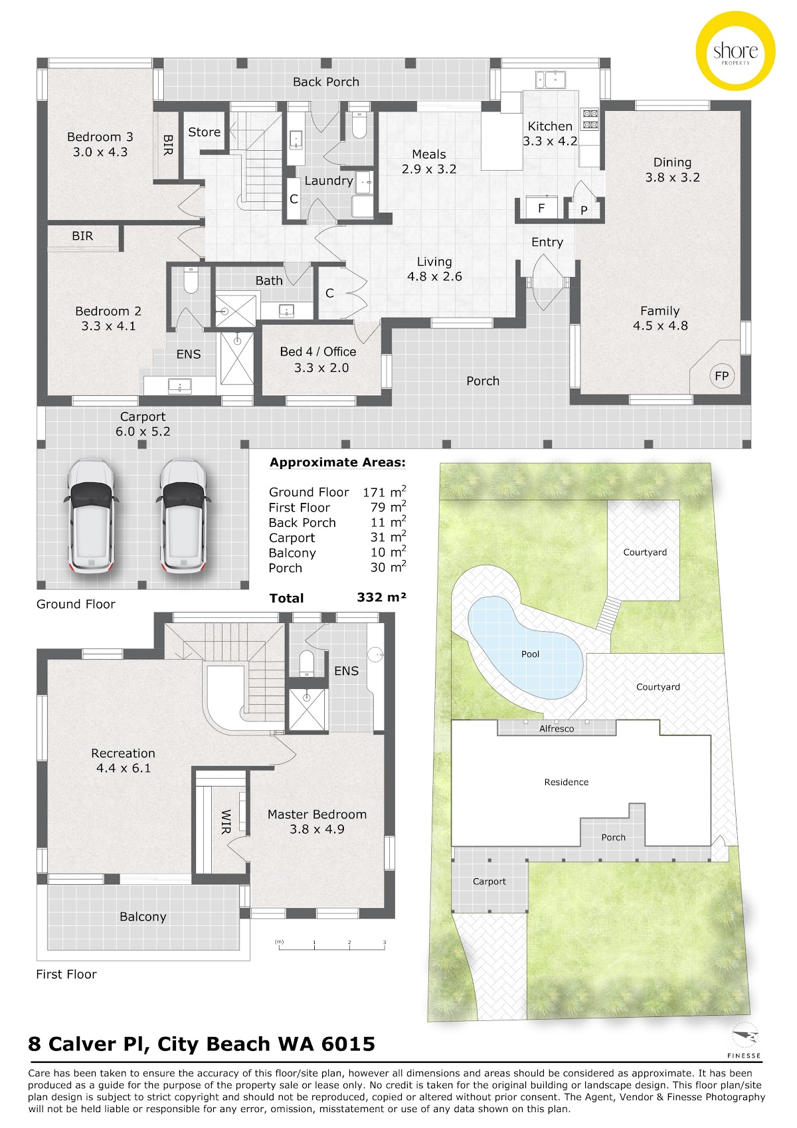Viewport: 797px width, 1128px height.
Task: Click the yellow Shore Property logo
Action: click(x=735, y=51)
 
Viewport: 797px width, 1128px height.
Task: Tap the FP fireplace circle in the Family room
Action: click(x=721, y=375)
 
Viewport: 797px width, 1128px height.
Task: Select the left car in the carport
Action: click(x=91, y=516)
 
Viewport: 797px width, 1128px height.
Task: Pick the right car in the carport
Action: click(x=183, y=516)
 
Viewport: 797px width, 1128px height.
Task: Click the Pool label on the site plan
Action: click(x=529, y=654)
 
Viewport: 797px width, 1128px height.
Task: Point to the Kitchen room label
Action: click(x=550, y=126)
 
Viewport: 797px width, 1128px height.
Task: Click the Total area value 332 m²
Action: click(x=381, y=597)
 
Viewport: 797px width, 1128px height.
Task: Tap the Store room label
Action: click(x=204, y=132)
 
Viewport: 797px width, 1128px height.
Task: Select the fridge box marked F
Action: click(x=541, y=207)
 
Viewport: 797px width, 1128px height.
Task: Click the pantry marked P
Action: click(x=584, y=210)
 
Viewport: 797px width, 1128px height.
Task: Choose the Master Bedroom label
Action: click(x=317, y=814)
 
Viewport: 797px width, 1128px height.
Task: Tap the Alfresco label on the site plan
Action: click(x=557, y=728)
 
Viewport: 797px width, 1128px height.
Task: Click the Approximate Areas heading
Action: click(x=337, y=462)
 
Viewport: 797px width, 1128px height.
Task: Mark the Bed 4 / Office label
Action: click(x=317, y=351)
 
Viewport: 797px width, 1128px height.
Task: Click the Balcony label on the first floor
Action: click(x=143, y=917)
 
